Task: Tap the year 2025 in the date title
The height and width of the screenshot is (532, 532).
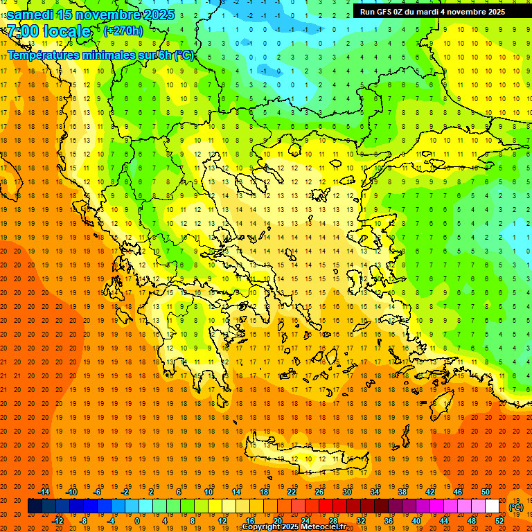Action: (159, 15)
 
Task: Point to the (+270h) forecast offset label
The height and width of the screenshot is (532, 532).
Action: (123, 31)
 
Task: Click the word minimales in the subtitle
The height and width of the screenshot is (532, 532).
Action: (97, 55)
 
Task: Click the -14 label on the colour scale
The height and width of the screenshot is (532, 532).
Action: (44, 492)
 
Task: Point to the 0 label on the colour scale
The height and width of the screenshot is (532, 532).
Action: (136, 521)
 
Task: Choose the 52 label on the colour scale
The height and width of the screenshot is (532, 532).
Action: (499, 521)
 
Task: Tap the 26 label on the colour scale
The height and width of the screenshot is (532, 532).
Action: (319, 492)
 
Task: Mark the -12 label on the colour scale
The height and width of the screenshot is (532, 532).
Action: (58, 521)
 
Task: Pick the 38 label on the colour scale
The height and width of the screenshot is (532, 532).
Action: (402, 492)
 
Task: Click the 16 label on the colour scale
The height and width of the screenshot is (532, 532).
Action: (249, 521)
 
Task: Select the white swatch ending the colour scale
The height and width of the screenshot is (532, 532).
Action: (493, 506)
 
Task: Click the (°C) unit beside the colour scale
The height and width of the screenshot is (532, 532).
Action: (516, 507)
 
